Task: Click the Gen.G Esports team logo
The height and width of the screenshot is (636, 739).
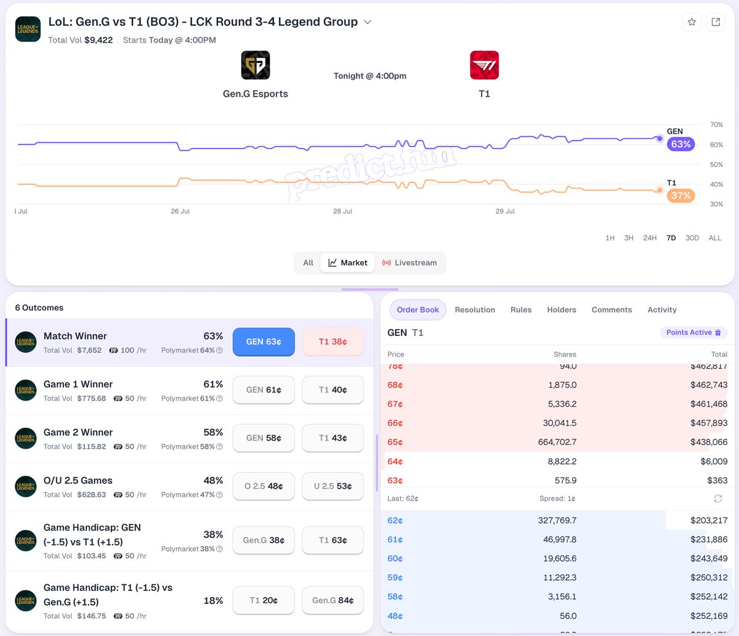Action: click(x=256, y=65)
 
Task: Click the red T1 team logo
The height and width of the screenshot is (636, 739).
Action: click(x=484, y=65)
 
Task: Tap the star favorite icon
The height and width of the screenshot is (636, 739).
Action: click(x=692, y=22)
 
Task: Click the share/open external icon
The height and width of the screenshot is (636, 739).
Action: click(x=716, y=22)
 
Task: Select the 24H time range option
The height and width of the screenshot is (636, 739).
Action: click(x=650, y=238)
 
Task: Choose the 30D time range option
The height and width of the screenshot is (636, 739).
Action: click(x=692, y=238)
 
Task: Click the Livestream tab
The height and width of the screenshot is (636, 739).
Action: click(x=410, y=263)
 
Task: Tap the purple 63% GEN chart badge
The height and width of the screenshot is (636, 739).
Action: click(x=680, y=144)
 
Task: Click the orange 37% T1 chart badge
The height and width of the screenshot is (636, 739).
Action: click(x=680, y=195)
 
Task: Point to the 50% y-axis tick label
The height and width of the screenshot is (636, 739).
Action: click(x=716, y=165)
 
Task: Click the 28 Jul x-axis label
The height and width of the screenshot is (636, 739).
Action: click(x=342, y=211)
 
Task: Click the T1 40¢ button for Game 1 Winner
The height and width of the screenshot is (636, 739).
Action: click(x=333, y=390)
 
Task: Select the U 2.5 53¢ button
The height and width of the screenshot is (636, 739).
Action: click(x=333, y=486)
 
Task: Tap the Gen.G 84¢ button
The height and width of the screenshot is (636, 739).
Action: click(x=333, y=600)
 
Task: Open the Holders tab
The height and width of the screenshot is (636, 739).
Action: click(x=561, y=310)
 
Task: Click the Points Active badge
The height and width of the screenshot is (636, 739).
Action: click(x=693, y=332)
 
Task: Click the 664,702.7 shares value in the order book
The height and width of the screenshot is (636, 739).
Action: click(x=557, y=442)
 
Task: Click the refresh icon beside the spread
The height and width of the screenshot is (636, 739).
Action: click(x=718, y=499)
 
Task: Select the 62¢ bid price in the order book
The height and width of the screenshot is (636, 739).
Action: click(x=395, y=521)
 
